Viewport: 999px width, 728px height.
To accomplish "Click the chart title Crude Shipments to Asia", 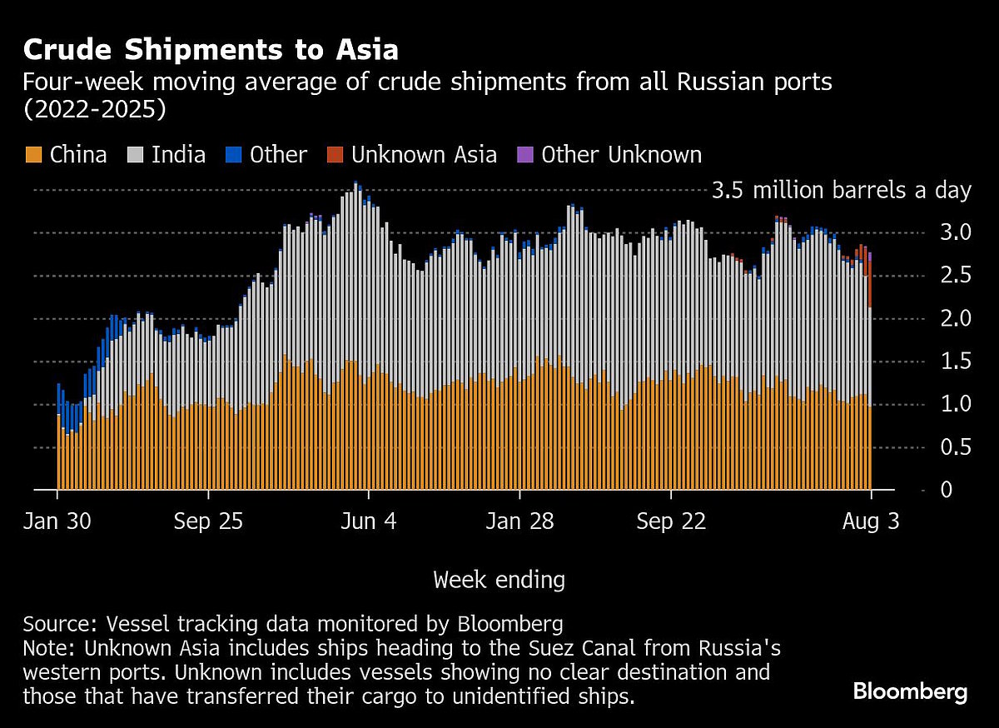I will [211, 50].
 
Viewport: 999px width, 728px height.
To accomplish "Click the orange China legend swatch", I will [33, 155].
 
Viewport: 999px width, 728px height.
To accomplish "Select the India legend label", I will [178, 155].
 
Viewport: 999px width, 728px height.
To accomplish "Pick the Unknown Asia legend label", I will [424, 155].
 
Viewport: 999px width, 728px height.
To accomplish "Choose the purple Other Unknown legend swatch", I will [524, 155].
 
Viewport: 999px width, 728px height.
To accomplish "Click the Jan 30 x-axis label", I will [57, 521].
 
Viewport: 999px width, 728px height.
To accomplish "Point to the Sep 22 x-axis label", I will [671, 521].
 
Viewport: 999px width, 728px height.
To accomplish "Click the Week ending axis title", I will [499, 579].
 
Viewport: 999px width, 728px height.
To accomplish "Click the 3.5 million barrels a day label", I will [842, 191].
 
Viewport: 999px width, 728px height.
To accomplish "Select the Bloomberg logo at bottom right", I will [910, 691].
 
